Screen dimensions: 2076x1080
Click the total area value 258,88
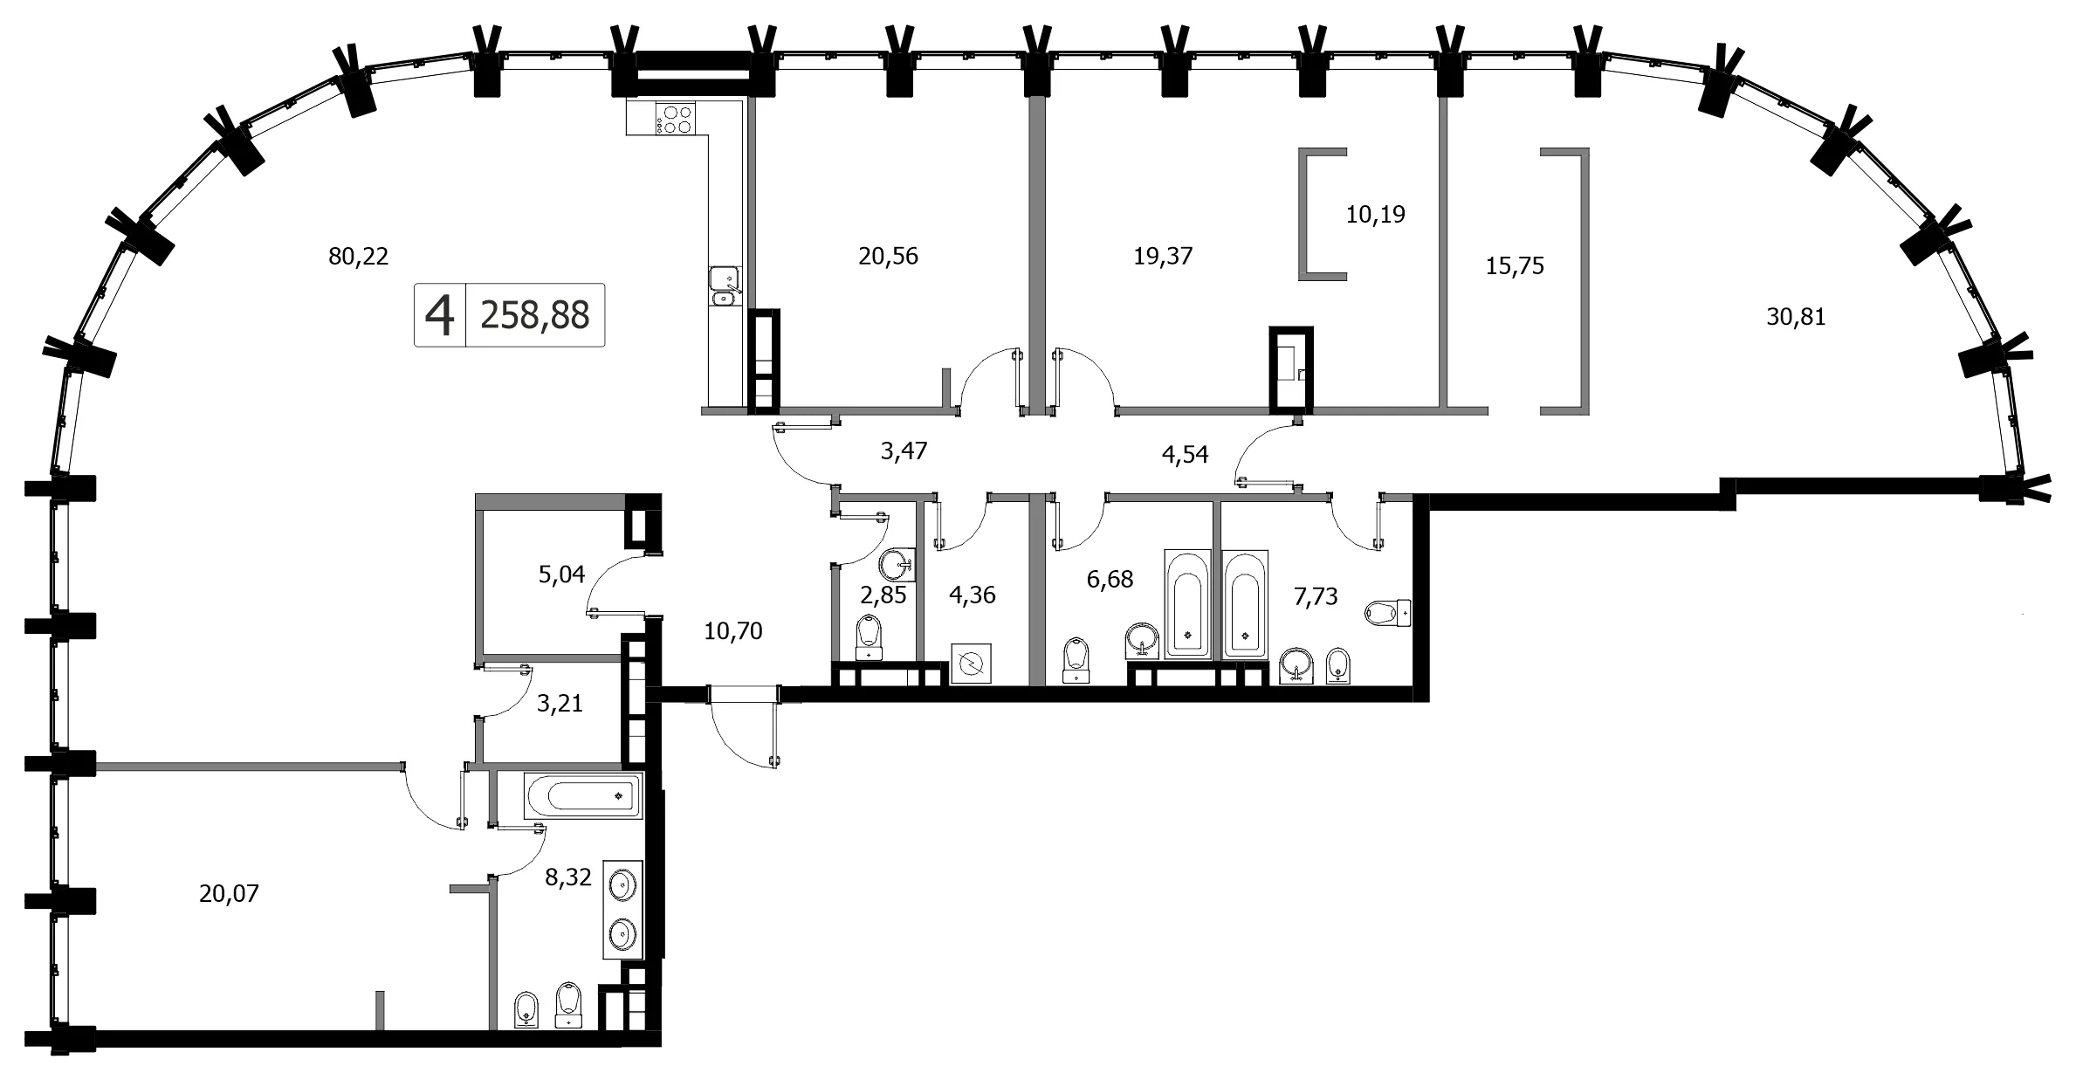[x=535, y=315]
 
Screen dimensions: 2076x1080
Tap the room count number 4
[x=440, y=315]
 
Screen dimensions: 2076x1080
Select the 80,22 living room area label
[x=358, y=257]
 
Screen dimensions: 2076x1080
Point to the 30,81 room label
[x=1796, y=317]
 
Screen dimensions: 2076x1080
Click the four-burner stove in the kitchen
[x=676, y=120]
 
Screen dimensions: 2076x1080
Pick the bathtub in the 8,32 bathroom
[x=582, y=796]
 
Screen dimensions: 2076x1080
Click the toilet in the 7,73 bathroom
[x=1388, y=611]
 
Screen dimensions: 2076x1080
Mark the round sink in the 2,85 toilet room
[x=897, y=564]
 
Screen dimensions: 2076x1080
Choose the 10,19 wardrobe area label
[x=1376, y=215]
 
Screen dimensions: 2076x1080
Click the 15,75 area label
[x=1515, y=266]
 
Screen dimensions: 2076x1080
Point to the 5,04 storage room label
[x=561, y=574]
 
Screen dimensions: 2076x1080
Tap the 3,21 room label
[x=560, y=704]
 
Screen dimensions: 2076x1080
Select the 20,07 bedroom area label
[x=229, y=894]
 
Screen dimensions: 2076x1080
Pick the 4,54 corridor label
[x=1185, y=455]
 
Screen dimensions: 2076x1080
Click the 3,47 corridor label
[x=904, y=451]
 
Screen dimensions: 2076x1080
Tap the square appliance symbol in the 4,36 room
[x=971, y=664]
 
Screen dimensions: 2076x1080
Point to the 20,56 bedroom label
[x=888, y=257]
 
